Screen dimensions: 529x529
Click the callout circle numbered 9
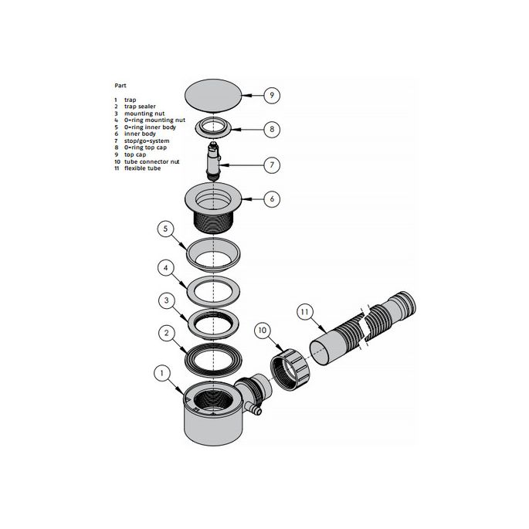point(271,96)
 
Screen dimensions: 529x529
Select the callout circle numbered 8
point(271,129)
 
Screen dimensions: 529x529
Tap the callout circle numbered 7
point(271,164)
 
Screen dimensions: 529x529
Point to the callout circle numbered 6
point(271,198)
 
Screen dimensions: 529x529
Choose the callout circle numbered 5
point(164,229)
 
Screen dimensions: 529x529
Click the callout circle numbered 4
point(164,268)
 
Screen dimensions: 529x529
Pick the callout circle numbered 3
point(164,300)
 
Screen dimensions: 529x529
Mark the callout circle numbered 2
point(164,334)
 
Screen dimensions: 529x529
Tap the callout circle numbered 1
point(161,373)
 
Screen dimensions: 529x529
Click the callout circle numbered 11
point(305,312)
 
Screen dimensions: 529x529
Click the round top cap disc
point(213,96)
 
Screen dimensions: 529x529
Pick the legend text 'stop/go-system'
point(146,141)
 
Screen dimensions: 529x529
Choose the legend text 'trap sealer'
point(140,107)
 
